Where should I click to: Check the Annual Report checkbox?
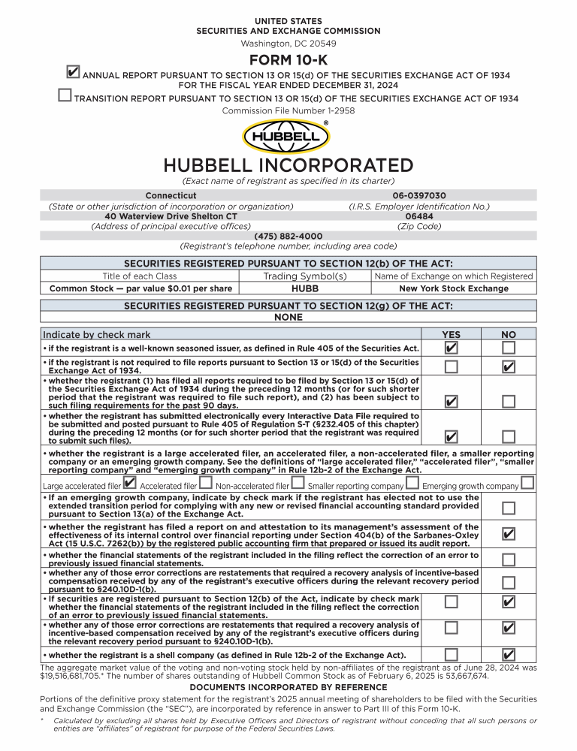click(73, 72)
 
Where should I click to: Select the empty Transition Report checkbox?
click(65, 95)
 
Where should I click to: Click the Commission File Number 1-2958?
click(288, 110)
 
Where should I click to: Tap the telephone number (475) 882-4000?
click(288, 236)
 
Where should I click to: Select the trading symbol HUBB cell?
click(304, 288)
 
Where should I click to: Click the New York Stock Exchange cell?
click(453, 288)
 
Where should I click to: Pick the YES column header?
click(451, 335)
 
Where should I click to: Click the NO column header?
click(509, 335)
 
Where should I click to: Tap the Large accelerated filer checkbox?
click(129, 483)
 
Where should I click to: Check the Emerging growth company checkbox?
click(527, 483)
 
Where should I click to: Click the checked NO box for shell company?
click(509, 654)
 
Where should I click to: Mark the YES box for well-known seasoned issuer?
click(451, 348)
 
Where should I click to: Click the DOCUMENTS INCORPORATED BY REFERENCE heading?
click(288, 687)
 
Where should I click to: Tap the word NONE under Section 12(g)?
click(288, 317)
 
